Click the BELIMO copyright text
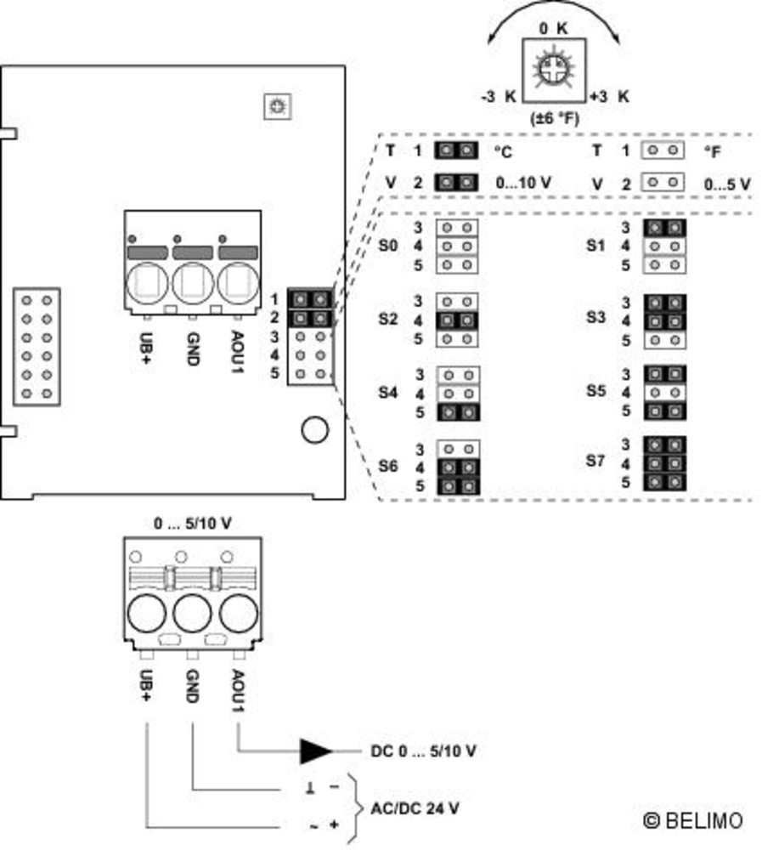[x=692, y=820]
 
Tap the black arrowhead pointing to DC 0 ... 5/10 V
[x=315, y=751]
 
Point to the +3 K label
[x=609, y=96]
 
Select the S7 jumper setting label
[x=596, y=461]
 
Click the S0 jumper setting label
[x=387, y=246]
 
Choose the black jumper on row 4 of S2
[x=457, y=320]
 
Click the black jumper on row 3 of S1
[x=664, y=228]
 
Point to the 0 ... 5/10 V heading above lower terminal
[x=192, y=524]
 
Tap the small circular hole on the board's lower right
[x=314, y=430]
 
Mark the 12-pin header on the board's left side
[x=37, y=347]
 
